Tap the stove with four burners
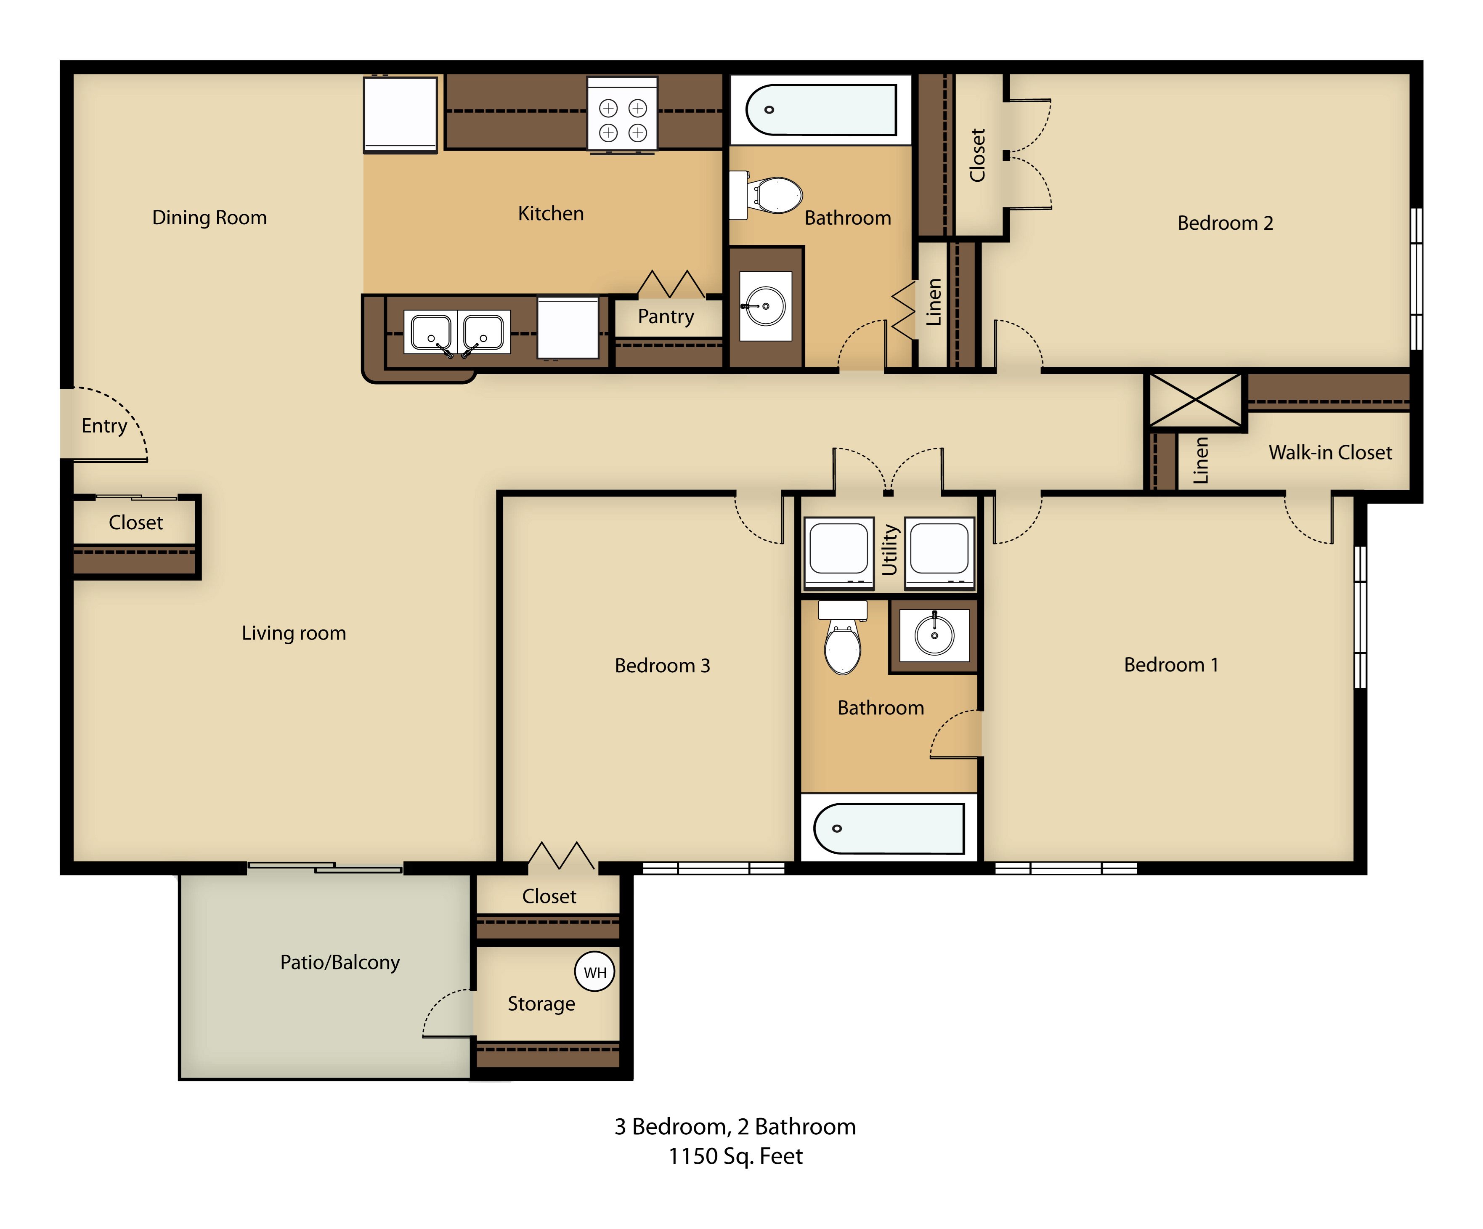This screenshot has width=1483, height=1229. point(622,114)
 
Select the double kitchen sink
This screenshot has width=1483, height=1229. point(457,332)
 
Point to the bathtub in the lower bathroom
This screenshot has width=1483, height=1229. point(889,828)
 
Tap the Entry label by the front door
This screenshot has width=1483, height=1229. point(104,426)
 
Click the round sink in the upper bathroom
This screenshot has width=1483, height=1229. point(766,306)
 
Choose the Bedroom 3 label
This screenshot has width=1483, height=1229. point(662,665)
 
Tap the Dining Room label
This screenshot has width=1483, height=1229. point(210,218)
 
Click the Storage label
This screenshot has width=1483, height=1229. point(541,1003)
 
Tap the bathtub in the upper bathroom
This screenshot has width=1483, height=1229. point(820,109)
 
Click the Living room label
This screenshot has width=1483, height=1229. point(294,633)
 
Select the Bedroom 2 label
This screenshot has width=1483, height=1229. point(1225,223)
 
